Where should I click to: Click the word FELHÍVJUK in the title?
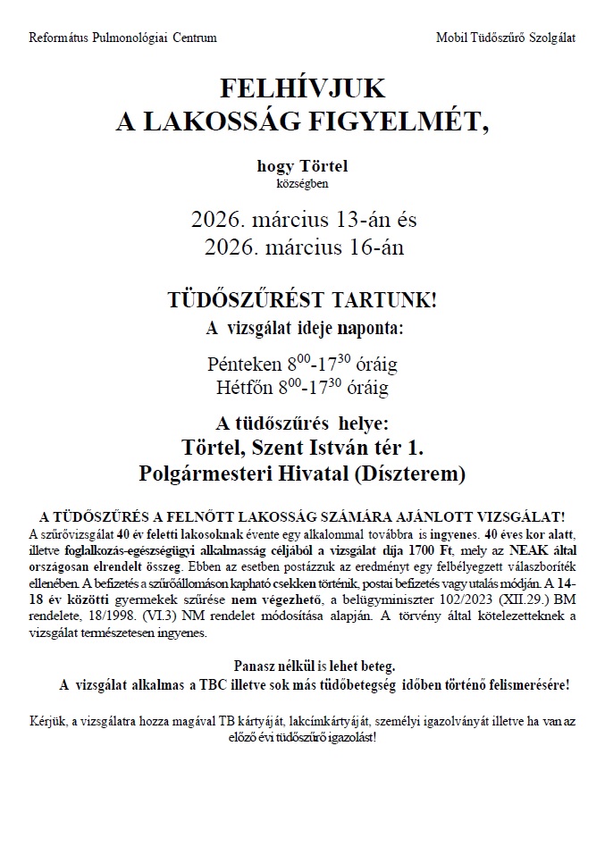click(x=302, y=88)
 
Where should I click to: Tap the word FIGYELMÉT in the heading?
click(x=413, y=122)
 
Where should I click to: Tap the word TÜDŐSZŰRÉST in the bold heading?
click(x=234, y=299)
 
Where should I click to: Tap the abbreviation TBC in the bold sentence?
click(x=282, y=685)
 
